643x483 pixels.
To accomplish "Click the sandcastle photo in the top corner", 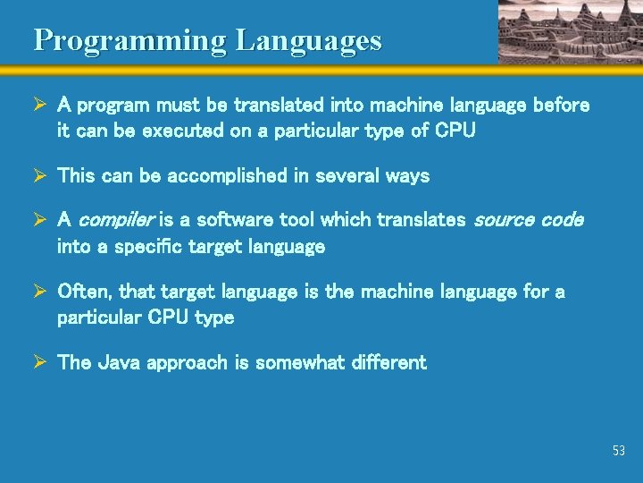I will point(570,31).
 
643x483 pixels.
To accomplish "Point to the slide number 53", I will point(619,451).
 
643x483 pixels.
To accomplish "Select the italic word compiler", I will point(118,220).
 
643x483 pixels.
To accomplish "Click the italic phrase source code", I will point(528,220).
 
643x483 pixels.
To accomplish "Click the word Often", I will point(85,292).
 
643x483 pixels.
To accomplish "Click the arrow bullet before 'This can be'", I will point(39,176).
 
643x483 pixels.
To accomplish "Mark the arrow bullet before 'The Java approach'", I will point(39,362).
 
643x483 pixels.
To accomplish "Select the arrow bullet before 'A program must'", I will point(39,106).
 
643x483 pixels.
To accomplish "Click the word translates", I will point(422,220).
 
